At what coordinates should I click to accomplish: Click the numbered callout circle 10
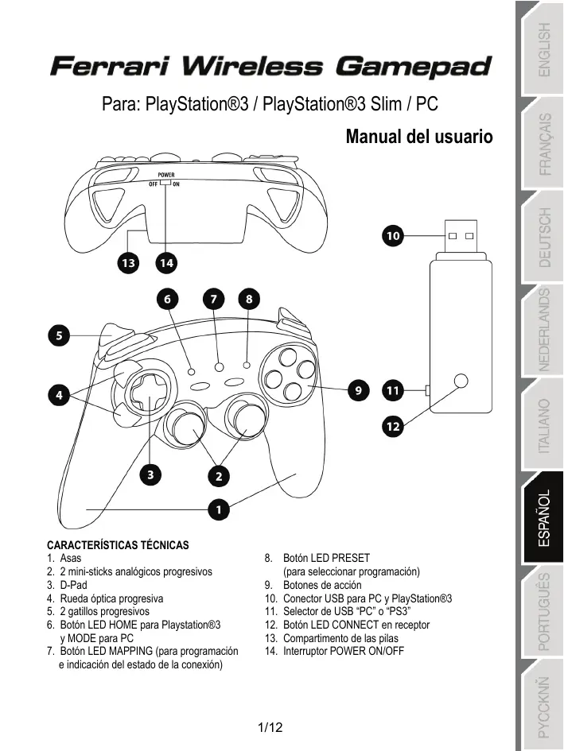(393, 236)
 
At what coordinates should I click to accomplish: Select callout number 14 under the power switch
(165, 261)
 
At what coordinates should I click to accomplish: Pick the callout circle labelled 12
(393, 427)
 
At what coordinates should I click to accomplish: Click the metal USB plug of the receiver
(459, 235)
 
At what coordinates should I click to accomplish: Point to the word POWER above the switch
(165, 174)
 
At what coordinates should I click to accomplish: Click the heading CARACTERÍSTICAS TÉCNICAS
(118, 545)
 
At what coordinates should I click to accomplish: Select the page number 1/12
(271, 727)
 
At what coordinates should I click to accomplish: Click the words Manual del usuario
(419, 137)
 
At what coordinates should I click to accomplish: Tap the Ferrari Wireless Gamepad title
(270, 65)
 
